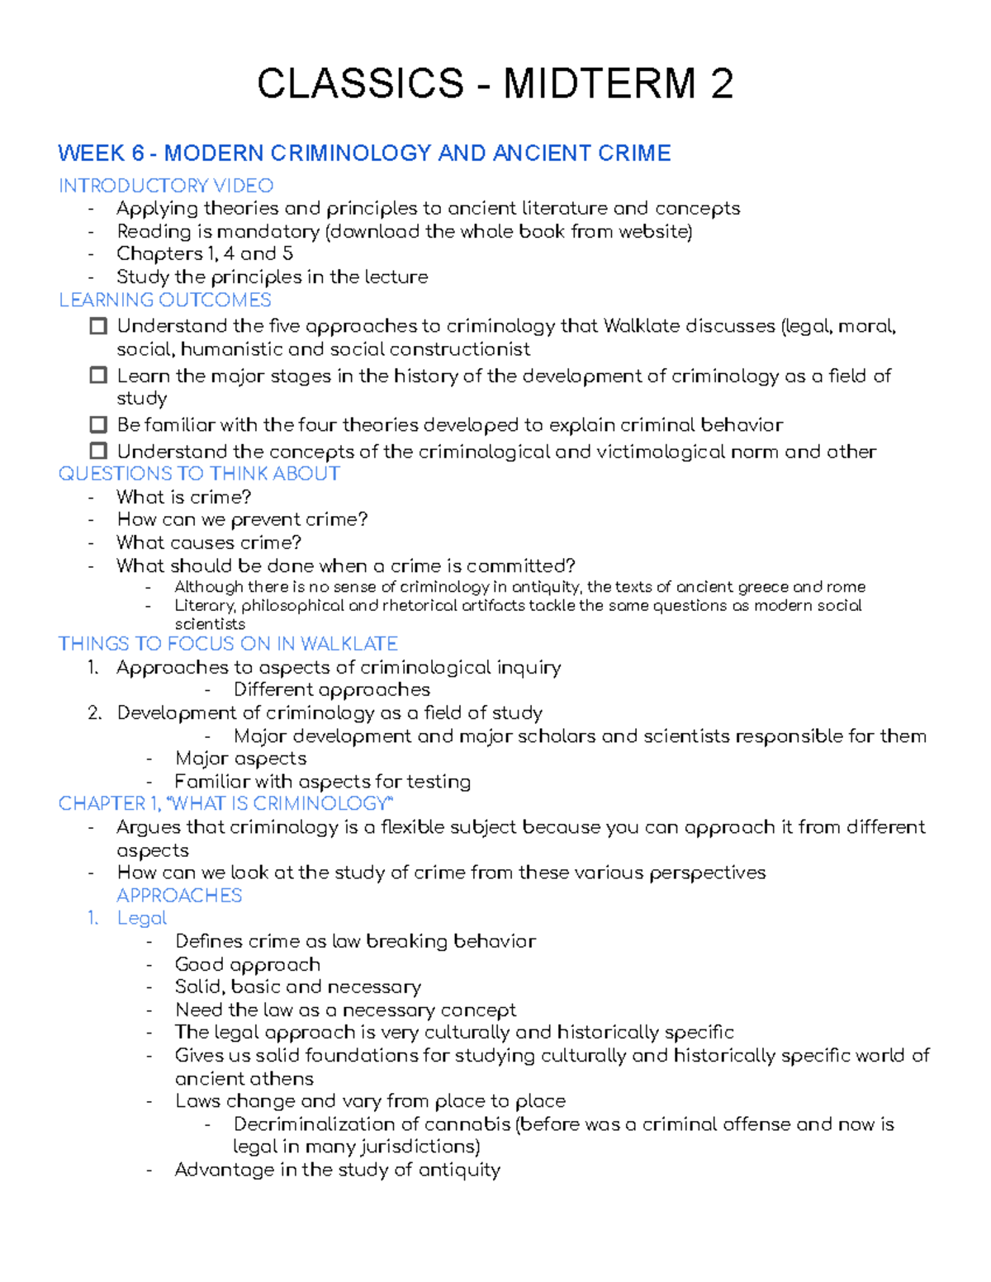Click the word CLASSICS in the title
(x=361, y=84)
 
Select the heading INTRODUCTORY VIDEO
(x=166, y=186)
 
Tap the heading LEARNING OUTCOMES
(x=165, y=300)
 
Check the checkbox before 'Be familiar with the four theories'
(x=98, y=424)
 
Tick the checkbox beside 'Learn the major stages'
(x=98, y=376)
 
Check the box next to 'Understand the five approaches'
(x=98, y=326)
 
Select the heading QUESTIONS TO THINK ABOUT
(x=199, y=474)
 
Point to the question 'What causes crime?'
(x=208, y=542)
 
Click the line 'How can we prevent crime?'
(x=242, y=519)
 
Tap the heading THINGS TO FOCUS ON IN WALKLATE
(x=228, y=644)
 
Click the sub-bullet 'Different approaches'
(x=331, y=689)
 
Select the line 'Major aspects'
(x=240, y=758)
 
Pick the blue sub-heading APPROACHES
(x=179, y=896)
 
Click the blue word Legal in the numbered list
(x=142, y=918)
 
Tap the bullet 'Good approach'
(x=247, y=964)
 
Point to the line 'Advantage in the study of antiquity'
(x=337, y=1170)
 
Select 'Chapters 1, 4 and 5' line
(x=204, y=253)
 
